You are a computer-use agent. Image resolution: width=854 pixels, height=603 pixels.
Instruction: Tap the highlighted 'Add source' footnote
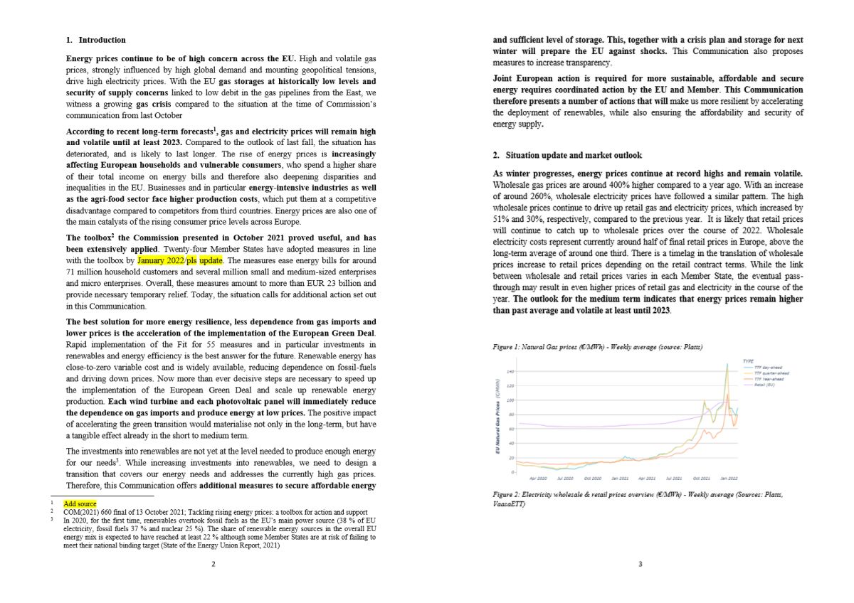pyautogui.click(x=80, y=503)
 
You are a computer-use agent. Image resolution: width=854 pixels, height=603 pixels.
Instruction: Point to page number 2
pyautogui.click(x=213, y=564)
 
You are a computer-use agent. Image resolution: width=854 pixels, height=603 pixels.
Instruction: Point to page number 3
pyautogui.click(x=640, y=564)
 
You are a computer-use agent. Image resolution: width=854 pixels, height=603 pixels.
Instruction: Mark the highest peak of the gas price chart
pyautogui.click(x=727, y=365)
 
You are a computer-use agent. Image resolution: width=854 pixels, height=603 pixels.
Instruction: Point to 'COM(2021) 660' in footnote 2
pyautogui.click(x=89, y=511)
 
